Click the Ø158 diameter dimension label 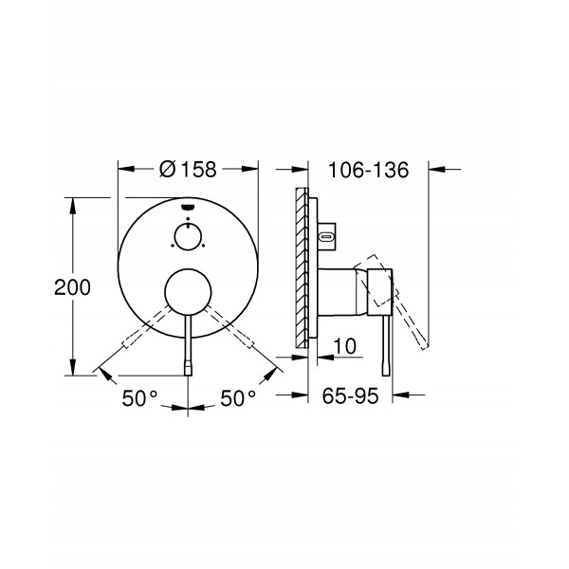pos(189,170)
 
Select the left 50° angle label pos(138,398)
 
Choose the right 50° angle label pos(238,398)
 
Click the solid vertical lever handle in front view pos(190,346)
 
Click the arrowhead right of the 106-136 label pos(426,170)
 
